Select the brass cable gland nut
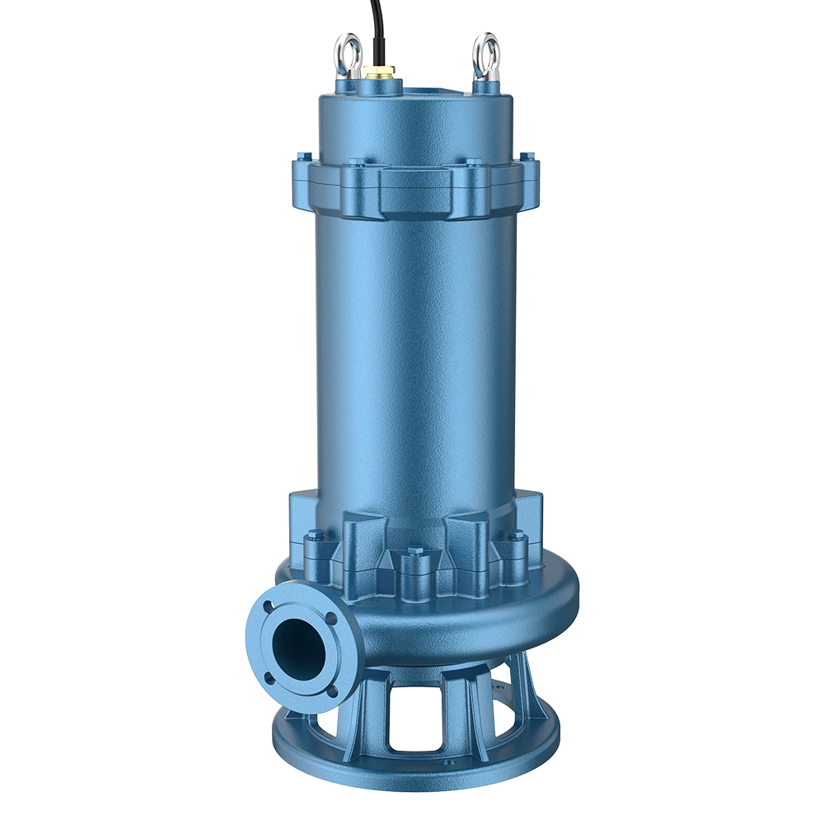pyautogui.click(x=382, y=73)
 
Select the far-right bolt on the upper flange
pyautogui.click(x=527, y=156)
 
